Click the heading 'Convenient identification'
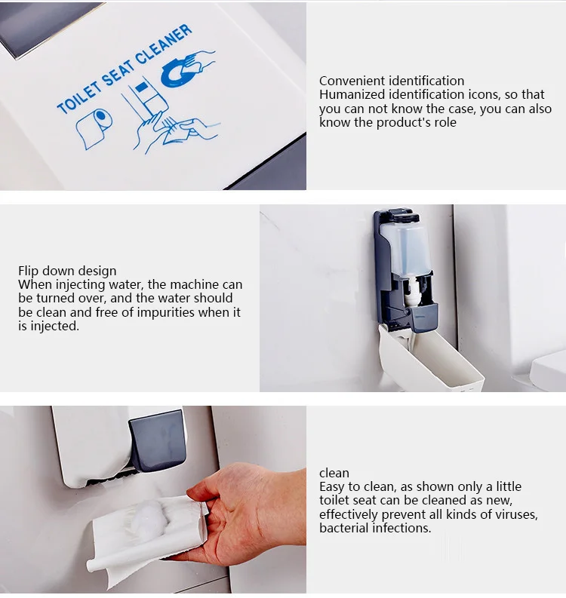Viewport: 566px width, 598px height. pos(392,81)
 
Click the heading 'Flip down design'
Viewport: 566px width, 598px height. pos(67,271)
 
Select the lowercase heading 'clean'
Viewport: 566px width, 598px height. pos(334,473)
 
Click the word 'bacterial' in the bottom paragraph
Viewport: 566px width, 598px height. pos(343,528)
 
